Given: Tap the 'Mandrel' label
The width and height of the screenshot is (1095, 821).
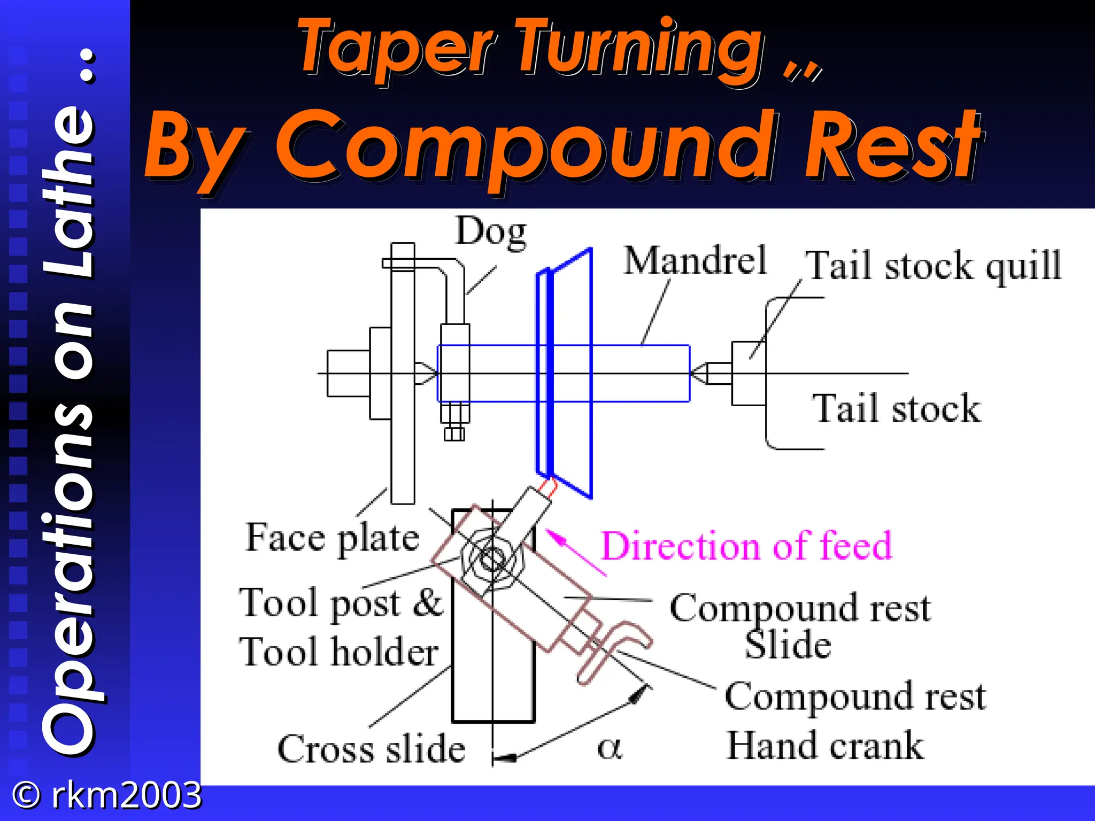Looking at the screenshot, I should pos(695,261).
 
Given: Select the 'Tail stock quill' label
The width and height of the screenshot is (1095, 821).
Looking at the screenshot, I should pos(933,266).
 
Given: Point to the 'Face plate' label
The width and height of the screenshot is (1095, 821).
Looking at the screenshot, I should pos(332,538).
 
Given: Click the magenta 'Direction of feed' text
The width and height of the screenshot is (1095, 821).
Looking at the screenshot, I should pos(746,546).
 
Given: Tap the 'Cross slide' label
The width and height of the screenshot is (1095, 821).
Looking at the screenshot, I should pos(371,748).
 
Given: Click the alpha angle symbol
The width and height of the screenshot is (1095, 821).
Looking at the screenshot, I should pos(610,747).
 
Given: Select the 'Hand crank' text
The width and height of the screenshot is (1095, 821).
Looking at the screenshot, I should pos(825,746).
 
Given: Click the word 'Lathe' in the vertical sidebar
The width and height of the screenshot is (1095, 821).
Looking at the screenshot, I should pos(70,192).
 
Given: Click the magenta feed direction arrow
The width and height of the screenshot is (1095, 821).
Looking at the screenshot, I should pos(575,553).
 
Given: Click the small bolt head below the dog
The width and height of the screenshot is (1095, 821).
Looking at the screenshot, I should pos(454,433).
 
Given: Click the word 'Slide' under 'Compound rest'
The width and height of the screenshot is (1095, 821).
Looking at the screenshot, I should pos(788,645).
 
